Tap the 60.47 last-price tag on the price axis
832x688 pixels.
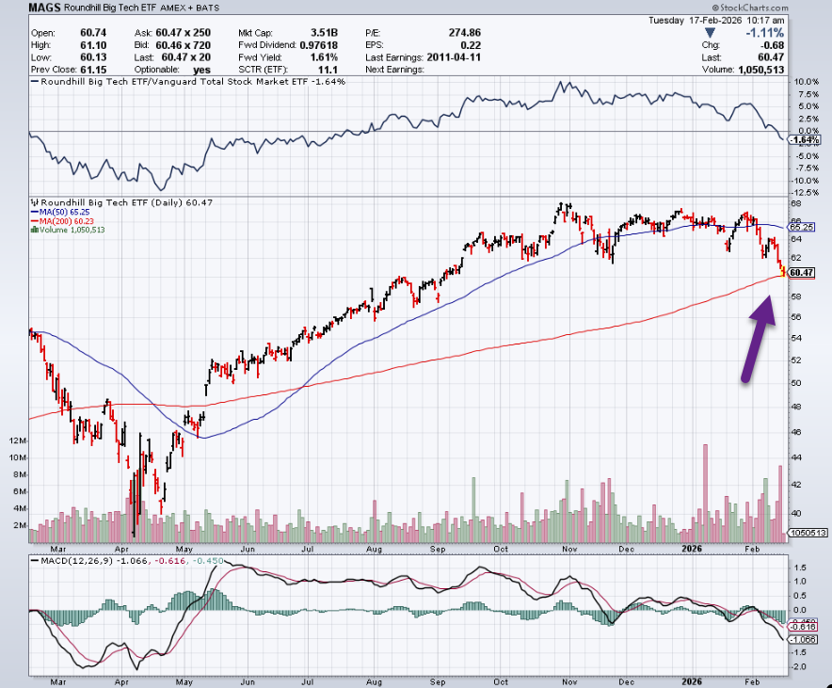coord(802,273)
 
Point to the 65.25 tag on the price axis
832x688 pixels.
coord(802,227)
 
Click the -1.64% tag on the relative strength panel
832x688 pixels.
coord(804,140)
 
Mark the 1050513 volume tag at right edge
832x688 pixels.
coord(808,532)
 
